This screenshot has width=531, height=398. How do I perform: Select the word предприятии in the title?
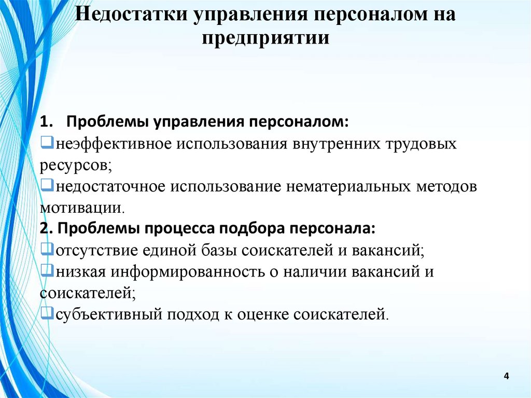265,38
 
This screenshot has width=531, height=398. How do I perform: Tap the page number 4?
507,375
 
